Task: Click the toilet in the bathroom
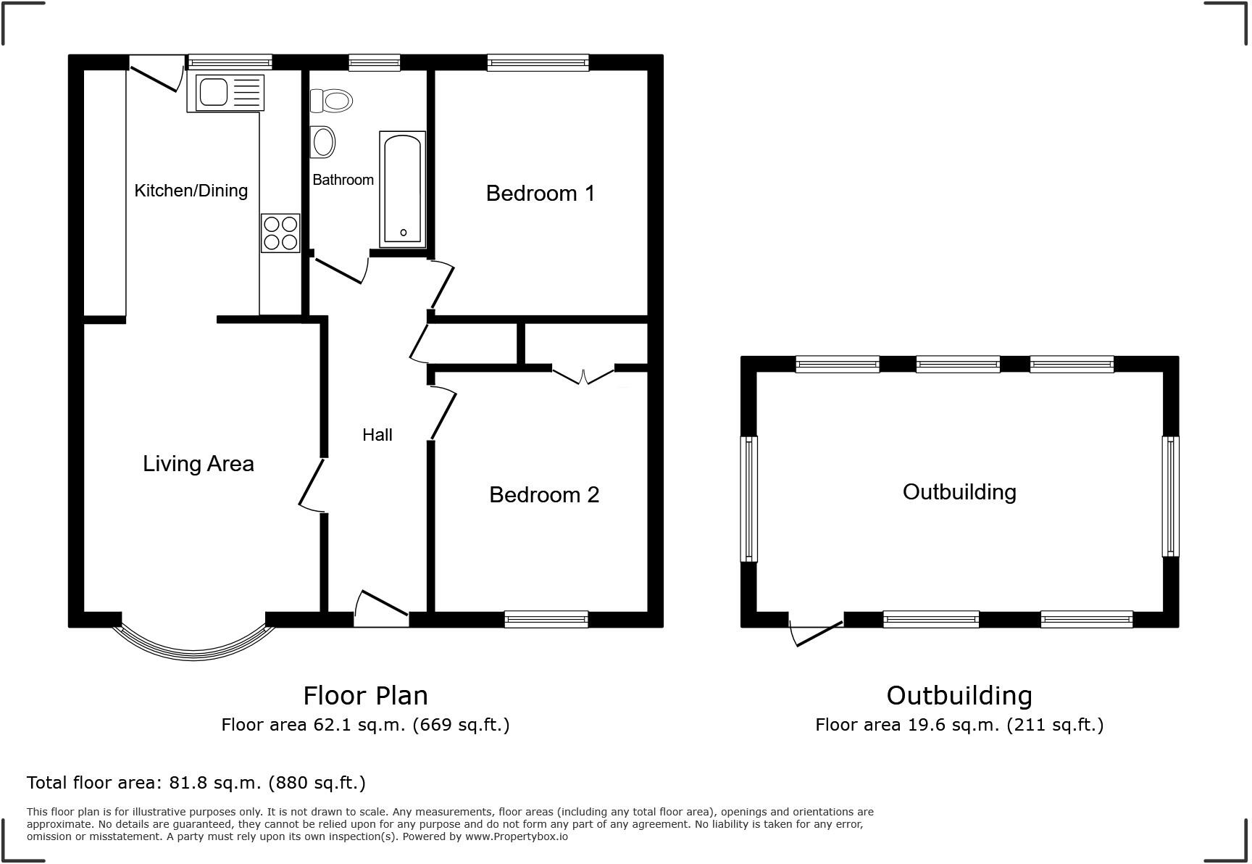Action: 332,100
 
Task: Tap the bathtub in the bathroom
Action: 402,186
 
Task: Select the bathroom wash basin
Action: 323,142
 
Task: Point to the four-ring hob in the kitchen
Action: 280,233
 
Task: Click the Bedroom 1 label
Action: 540,194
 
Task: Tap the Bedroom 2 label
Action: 544,494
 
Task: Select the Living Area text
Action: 198,464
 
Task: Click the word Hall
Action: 377,435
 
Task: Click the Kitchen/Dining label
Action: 191,191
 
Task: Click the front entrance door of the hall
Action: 382,609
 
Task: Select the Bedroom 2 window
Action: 546,619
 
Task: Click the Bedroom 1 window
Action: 538,63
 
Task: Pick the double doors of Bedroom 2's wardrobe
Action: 583,375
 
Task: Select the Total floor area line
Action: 196,783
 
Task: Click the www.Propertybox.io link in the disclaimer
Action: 516,836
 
